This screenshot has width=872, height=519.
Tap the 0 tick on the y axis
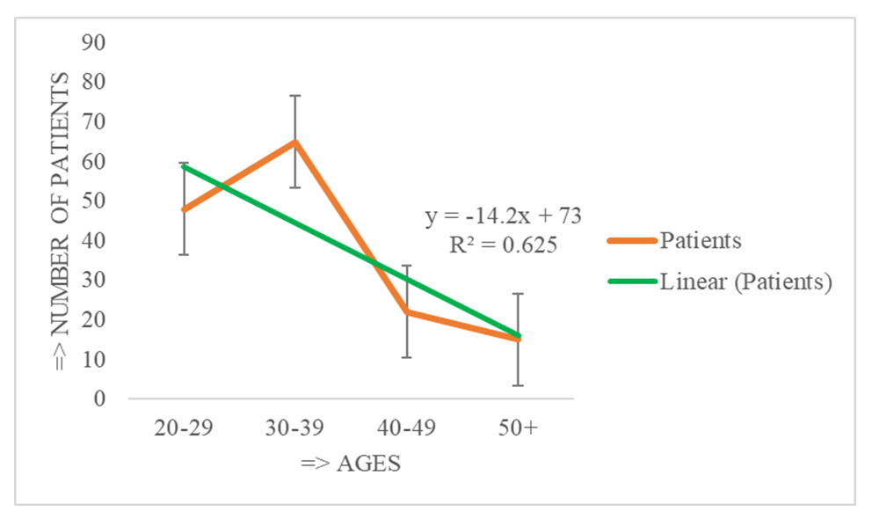(98, 399)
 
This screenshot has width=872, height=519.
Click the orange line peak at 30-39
(295, 141)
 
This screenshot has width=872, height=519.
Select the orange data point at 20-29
(184, 209)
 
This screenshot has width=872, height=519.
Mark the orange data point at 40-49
(406, 311)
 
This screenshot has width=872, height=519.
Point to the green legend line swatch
(630, 282)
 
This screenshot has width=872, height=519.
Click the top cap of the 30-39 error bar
(295, 95)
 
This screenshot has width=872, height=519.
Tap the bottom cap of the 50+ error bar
(518, 385)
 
